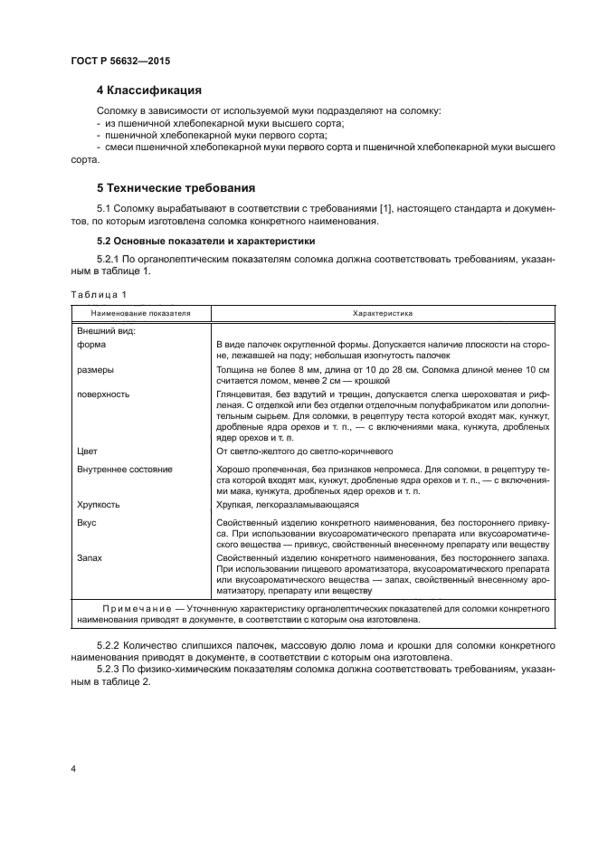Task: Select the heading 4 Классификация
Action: click(148, 90)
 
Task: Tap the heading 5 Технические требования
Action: click(175, 188)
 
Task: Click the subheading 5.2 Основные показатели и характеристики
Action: click(205, 242)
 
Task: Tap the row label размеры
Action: click(96, 370)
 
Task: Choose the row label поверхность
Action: click(104, 394)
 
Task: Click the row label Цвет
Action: click(88, 450)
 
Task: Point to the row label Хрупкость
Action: click(99, 504)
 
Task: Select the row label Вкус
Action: click(88, 523)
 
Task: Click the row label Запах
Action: click(90, 558)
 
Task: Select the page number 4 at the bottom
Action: click(73, 768)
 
